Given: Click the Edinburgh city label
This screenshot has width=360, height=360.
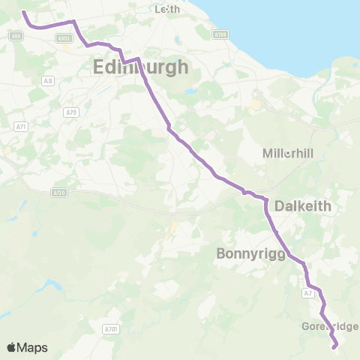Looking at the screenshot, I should (142, 67).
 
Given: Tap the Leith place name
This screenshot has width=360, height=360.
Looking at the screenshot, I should (166, 10).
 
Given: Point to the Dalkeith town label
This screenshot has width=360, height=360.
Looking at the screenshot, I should (303, 205).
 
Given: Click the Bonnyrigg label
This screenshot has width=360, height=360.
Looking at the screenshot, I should (250, 253).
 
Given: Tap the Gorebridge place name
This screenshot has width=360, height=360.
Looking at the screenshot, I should (331, 326).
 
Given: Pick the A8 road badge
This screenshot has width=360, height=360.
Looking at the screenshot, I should (48, 81).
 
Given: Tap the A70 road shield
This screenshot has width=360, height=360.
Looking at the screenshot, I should (71, 112).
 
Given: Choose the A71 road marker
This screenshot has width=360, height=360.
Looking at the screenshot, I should (21, 127).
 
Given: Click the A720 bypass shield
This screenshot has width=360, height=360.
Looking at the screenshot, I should (59, 193).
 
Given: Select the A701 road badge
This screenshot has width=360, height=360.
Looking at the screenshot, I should (111, 328).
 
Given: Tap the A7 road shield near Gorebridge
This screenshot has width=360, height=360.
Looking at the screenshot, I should (308, 293).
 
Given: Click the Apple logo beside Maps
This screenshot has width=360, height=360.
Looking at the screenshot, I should (12, 347).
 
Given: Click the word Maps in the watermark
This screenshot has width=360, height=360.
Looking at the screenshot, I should (33, 347).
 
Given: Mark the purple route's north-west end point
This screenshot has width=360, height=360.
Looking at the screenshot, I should (22, 12).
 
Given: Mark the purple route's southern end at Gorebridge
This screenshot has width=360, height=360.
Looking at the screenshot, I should (334, 346).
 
